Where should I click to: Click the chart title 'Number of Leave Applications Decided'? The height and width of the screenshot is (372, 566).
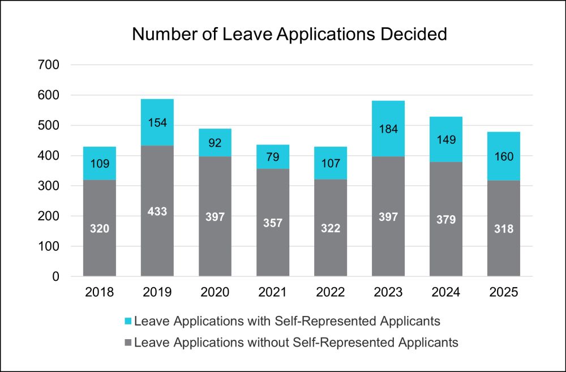coord(289,34)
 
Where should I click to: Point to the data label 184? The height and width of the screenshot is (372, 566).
coord(388,129)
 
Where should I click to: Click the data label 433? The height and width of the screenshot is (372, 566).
coord(157,211)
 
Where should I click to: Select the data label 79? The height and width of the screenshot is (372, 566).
coord(273,157)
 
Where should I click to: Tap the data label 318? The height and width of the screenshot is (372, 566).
coord(504,229)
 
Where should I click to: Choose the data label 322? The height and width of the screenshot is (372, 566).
coord(331,229)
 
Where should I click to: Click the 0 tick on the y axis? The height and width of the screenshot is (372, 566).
coord(55,277)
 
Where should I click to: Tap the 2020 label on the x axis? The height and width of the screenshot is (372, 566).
coord(215,293)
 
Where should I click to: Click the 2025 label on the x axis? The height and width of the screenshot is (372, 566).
coord(504,293)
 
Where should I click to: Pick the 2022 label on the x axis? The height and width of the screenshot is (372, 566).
coord(331,293)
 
